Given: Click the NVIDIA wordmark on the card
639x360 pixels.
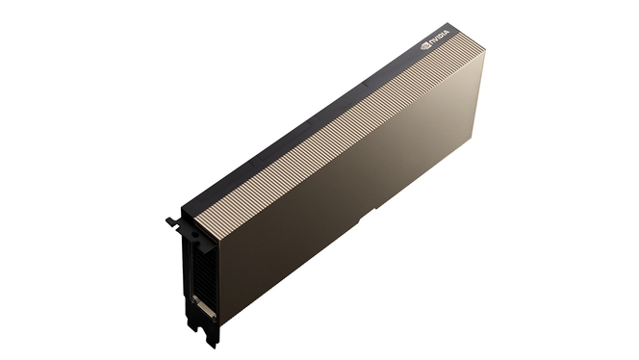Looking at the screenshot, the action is (x=440, y=37).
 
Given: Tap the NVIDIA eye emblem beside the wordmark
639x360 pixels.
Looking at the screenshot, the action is (x=425, y=45).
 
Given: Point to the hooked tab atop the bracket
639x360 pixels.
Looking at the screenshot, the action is (x=173, y=222).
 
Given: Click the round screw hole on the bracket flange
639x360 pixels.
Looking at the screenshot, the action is (x=195, y=235).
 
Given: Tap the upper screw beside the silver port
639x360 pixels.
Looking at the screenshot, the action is (x=194, y=298).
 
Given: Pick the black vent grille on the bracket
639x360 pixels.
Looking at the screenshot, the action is (x=202, y=270).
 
